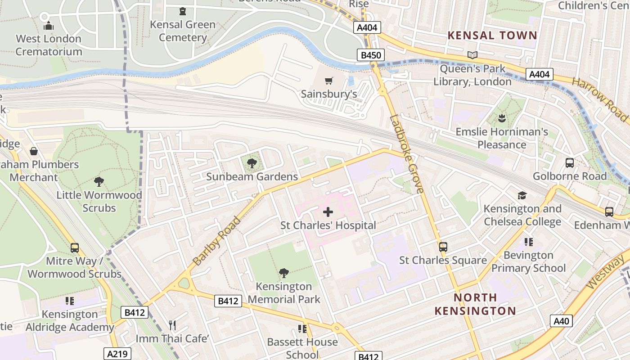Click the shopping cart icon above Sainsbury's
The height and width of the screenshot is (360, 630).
(x=328, y=81)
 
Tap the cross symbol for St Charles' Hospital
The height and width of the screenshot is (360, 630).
(x=328, y=211)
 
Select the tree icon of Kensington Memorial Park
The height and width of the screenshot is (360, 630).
(x=283, y=273)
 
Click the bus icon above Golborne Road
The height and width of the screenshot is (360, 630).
(x=569, y=163)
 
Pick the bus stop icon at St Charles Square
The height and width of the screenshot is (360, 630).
(x=443, y=247)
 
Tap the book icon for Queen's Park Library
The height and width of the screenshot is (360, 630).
(x=472, y=55)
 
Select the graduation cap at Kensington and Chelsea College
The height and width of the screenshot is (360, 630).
(x=522, y=195)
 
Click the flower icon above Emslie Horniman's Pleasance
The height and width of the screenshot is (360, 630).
(x=502, y=119)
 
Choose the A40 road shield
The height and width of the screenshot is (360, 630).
(x=561, y=321)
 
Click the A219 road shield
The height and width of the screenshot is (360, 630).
(x=117, y=354)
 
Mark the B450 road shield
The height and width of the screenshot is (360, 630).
(x=371, y=55)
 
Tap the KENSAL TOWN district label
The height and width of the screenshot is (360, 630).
(x=492, y=36)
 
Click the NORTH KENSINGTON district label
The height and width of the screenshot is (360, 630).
(x=475, y=304)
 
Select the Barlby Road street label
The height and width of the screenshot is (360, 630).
(x=217, y=241)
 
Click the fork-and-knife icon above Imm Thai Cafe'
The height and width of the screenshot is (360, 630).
(x=171, y=325)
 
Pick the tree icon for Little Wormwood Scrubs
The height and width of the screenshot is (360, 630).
(x=99, y=182)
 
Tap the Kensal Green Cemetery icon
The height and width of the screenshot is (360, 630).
(x=183, y=11)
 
